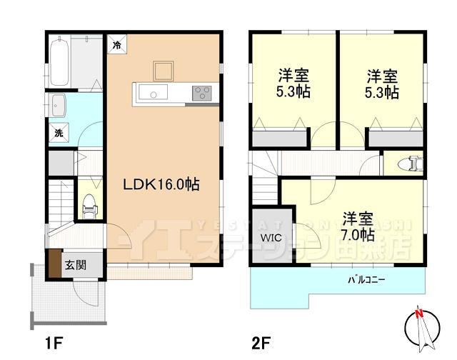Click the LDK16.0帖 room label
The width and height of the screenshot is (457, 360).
click(161, 184)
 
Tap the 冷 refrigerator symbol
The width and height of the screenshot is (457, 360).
click(116, 44)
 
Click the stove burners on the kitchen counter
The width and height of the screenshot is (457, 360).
click(201, 94)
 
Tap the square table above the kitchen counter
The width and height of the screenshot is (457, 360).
click(163, 70)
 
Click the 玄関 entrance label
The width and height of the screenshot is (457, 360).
click(76, 265)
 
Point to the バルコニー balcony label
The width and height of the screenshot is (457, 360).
click(366, 279)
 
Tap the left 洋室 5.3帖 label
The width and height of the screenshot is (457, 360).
click(293, 85)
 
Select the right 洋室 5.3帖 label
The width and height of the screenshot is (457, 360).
click(383, 85)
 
